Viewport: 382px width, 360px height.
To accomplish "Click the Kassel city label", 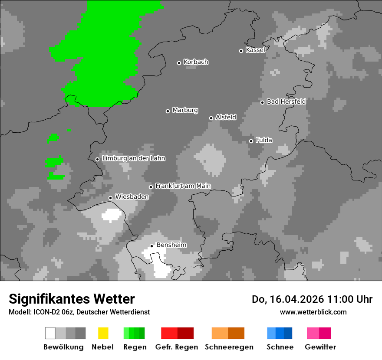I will click(255, 50).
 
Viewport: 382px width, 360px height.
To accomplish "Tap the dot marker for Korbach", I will click(179, 63).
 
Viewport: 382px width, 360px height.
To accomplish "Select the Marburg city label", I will click(185, 110).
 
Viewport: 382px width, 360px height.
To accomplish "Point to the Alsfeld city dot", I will click(211, 118).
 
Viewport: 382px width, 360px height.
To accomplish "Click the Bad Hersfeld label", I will click(286, 101).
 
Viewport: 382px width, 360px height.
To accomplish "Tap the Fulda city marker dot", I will click(251, 141).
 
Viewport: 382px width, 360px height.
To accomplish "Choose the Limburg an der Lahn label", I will click(133, 158).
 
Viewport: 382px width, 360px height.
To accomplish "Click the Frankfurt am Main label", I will click(183, 186).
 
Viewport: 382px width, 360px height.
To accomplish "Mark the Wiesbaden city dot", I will click(110, 198).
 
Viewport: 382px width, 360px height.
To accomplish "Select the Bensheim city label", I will click(171, 245).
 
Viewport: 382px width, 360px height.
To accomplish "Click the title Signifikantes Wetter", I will click(72, 299).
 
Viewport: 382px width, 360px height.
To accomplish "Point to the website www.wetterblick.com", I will click(313, 312).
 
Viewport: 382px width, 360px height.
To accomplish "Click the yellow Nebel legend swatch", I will click(103, 333).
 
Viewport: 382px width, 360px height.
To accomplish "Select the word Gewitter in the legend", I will click(320, 347).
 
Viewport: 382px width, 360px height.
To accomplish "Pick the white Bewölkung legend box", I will click(50, 333).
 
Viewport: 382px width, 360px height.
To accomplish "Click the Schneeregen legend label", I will click(229, 347).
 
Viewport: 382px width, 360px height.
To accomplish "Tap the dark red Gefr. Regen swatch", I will click(185, 333).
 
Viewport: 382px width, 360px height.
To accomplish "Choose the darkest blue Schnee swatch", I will click(288, 333).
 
